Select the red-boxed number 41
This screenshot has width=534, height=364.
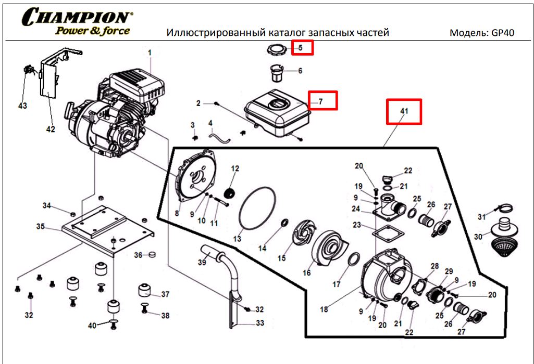point(404,111)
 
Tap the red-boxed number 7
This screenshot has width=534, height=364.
point(322,101)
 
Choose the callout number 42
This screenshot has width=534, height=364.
point(51,129)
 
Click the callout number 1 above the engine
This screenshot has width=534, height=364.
point(150,53)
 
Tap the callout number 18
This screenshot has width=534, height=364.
point(324,309)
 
